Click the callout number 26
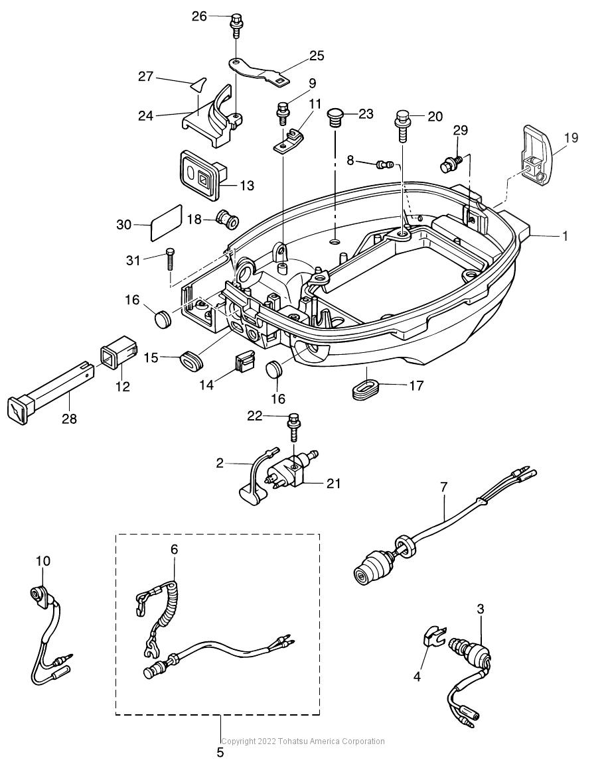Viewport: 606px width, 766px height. (x=199, y=16)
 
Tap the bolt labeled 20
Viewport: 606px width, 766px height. (x=402, y=125)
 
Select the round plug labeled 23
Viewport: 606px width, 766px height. (x=335, y=118)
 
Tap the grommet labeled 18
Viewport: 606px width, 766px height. (x=227, y=220)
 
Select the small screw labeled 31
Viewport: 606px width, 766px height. (x=170, y=259)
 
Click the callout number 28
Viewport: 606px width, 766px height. (x=70, y=418)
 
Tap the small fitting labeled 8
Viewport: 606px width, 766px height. (x=384, y=164)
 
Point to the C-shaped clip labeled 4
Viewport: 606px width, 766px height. (x=432, y=636)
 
